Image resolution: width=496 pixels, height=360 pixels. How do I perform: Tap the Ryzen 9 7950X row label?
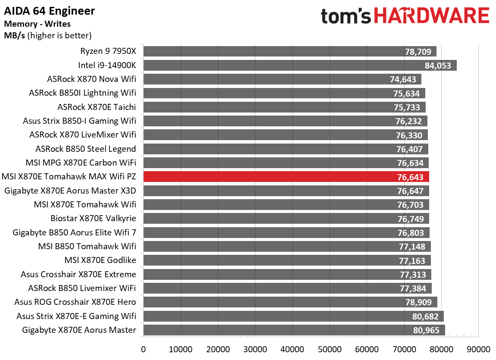[108, 51]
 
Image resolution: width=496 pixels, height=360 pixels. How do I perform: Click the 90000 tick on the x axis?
[478, 349]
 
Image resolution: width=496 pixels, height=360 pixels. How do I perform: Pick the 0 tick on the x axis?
[143, 349]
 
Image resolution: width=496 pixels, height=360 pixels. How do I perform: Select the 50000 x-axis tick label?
[330, 349]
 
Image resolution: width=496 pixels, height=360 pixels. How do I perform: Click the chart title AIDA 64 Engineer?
[50, 10]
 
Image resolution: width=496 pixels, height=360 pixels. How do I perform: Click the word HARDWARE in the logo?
[431, 16]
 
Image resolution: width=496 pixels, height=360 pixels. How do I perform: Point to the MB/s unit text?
[15, 35]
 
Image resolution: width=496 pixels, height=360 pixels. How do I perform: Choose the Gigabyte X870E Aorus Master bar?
[294, 330]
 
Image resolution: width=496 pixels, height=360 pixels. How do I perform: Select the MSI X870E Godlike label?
[100, 260]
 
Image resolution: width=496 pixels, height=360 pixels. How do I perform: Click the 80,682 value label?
[425, 316]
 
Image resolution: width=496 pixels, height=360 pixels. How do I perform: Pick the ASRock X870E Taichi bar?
[284, 107]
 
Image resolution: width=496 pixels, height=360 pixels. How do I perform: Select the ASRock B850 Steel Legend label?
[85, 149]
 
